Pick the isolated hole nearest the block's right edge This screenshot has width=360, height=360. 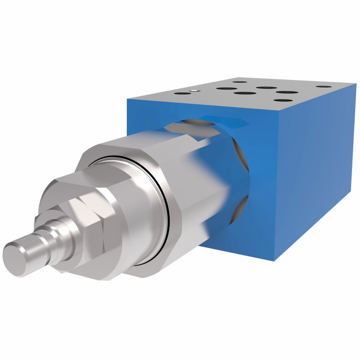[x=324, y=87]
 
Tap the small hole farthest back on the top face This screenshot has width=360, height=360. [x=240, y=82]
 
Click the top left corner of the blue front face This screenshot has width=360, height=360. [x=127, y=98]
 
